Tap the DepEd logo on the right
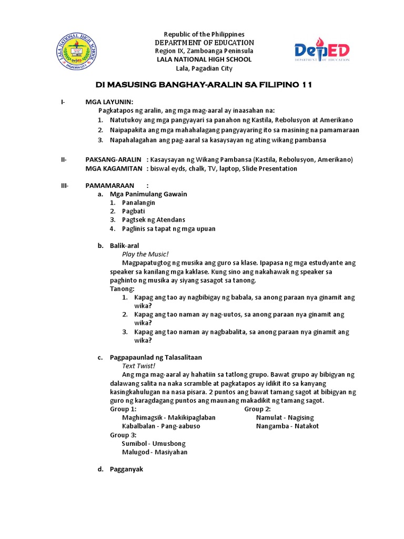coord(321,52)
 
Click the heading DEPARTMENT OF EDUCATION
coord(204,43)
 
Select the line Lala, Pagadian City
coord(204,68)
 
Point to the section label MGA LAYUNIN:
coord(109,102)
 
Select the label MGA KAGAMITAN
coord(114,168)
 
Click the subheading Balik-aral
coord(125,246)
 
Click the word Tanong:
coord(122,289)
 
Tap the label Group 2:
coord(258,409)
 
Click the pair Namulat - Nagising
coord(285,417)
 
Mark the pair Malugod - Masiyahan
coord(155,452)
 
